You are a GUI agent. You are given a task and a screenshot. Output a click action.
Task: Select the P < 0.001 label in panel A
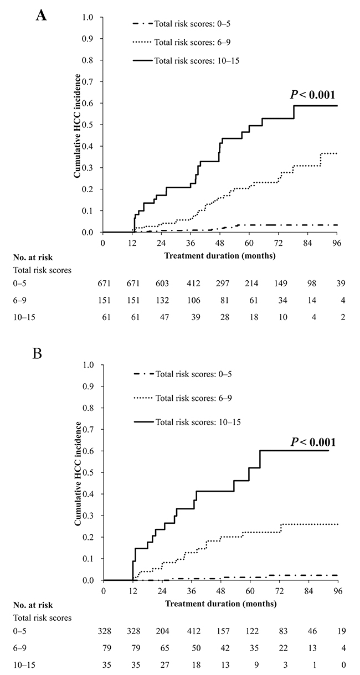coord(313,95)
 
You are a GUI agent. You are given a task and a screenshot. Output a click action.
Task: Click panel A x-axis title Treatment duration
coord(220,256)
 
